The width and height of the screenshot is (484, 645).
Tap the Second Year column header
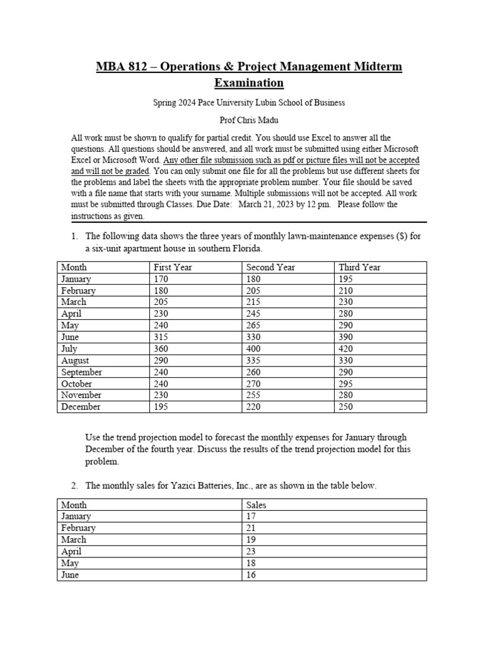pos(270,267)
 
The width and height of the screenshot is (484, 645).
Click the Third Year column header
pos(359,267)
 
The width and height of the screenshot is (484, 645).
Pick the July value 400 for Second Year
pos(254,349)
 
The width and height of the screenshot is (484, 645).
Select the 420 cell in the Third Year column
pos(347,349)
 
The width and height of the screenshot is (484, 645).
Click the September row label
pos(81,372)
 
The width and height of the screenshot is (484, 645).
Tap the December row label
pos(80,407)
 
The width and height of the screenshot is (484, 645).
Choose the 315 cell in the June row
pos(161,337)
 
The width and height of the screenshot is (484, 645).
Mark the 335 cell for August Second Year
pos(254,360)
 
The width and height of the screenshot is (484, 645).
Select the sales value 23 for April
pos(251,551)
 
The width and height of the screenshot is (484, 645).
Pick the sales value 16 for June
pos(251,574)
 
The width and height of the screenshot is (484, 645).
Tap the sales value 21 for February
pos(251,528)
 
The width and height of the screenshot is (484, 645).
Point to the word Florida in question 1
pos(245,248)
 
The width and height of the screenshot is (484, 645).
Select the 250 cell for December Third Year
pos(347,407)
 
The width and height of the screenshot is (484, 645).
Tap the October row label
pos(76,384)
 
